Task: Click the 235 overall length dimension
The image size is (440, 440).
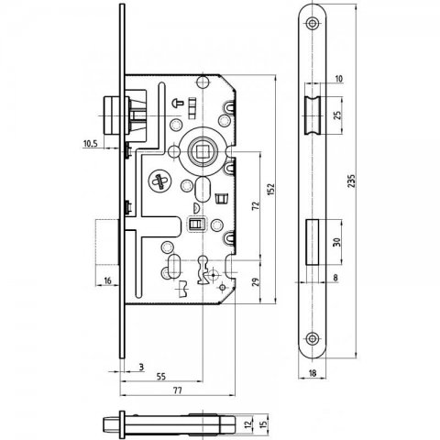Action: tap(352, 181)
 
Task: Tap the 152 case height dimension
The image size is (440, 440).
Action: tap(271, 190)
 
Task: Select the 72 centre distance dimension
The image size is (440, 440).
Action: tap(256, 205)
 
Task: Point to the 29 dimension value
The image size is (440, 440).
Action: tap(256, 281)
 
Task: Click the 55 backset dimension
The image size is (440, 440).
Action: tap(160, 376)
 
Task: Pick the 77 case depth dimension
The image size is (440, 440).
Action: tap(178, 390)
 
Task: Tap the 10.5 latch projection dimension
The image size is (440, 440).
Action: tap(91, 143)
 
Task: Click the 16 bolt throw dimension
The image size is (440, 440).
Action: tap(107, 280)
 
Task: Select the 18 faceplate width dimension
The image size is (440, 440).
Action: tap(313, 373)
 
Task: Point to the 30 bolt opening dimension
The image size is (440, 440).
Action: tap(336, 242)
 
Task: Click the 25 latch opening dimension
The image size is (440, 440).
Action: tap(337, 115)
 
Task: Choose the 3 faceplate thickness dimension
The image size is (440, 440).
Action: tap(141, 367)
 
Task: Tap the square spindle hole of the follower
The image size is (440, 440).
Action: tap(202, 150)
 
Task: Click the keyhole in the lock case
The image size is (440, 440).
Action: tap(203, 269)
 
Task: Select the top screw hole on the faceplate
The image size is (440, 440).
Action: tap(312, 23)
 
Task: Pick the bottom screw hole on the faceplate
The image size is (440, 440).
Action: tap(312, 338)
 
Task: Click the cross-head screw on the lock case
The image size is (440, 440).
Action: tap(160, 181)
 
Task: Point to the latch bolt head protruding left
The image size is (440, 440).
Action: tap(112, 116)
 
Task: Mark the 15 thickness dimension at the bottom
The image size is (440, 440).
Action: tap(264, 423)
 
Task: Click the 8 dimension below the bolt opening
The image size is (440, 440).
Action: tap(335, 278)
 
